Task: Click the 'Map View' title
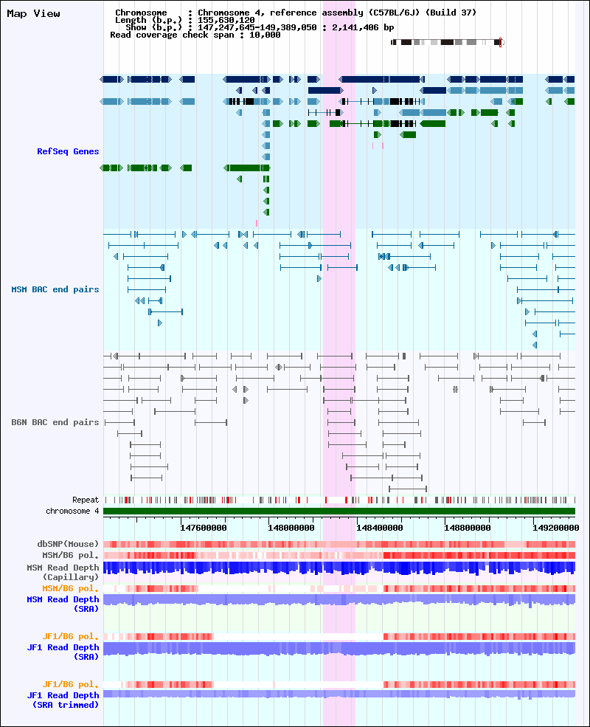33,13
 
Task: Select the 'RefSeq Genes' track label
68,151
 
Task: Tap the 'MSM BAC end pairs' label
55,289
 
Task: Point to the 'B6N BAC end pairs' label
55,422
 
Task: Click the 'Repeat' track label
86,500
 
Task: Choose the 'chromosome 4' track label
72,511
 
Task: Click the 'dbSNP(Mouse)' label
68,544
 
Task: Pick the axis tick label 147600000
204,528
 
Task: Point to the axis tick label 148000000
291,528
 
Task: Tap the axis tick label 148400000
380,528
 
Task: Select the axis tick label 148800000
468,528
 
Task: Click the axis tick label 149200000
556,528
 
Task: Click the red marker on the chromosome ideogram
500,42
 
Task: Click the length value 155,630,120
226,20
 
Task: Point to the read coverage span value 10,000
265,35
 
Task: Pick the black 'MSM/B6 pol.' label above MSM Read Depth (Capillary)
70,555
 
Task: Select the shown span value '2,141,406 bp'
363,27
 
